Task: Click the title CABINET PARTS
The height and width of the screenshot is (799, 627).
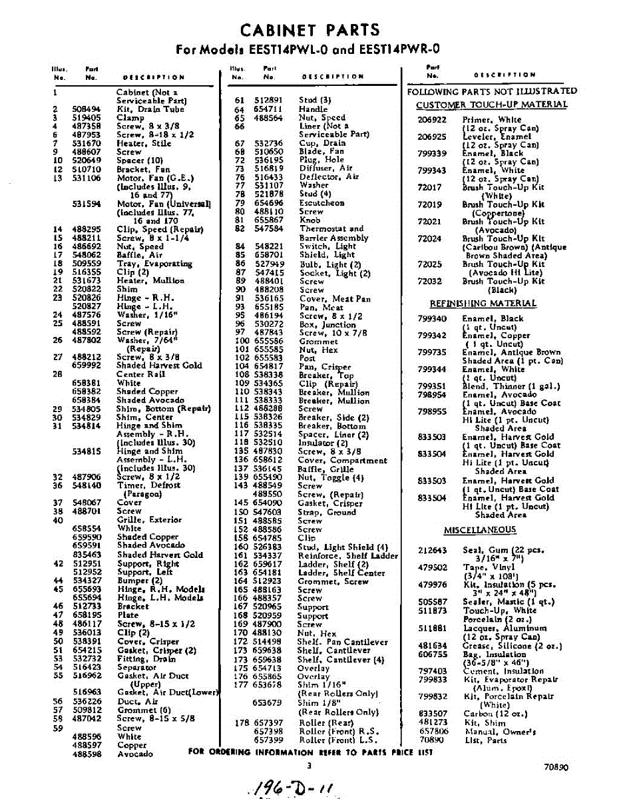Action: (310, 30)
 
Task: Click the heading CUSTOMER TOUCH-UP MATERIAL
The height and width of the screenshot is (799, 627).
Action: (491, 105)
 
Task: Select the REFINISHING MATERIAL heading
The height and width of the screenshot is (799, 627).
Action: (483, 304)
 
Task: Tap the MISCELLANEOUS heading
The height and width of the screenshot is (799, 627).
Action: (480, 529)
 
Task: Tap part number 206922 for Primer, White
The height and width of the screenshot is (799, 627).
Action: (432, 120)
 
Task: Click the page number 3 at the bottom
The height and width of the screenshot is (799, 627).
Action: (309, 766)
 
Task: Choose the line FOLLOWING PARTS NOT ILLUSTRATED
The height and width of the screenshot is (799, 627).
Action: (492, 91)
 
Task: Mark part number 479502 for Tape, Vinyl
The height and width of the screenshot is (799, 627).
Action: (432, 567)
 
